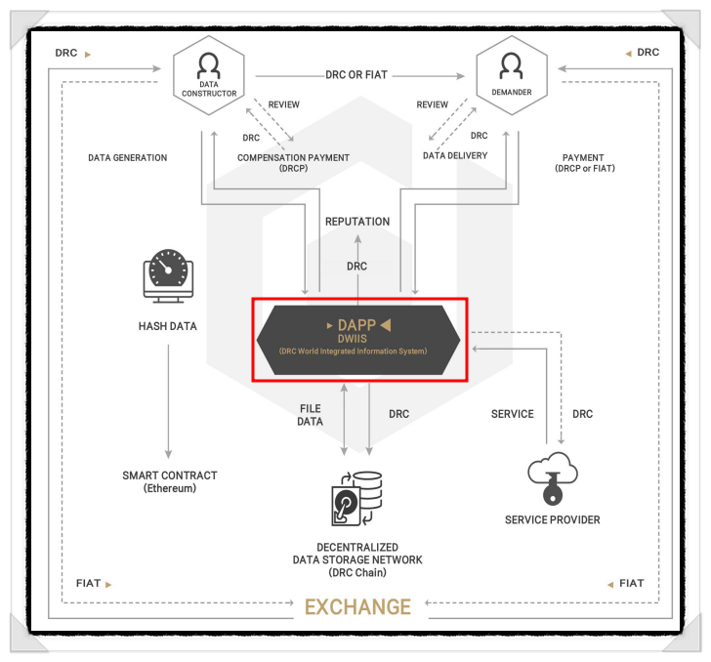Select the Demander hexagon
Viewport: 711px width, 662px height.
[x=509, y=75]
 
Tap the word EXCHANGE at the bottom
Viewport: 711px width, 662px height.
[x=357, y=607]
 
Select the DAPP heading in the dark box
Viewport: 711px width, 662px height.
[x=356, y=324]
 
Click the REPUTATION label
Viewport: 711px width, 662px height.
[x=357, y=222]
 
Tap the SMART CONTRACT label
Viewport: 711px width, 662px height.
[x=170, y=476]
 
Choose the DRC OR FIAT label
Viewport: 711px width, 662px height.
[x=357, y=75]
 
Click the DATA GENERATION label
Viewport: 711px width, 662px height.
[x=127, y=157]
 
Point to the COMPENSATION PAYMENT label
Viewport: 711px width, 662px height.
[x=293, y=157]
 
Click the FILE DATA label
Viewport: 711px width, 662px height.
[x=310, y=414]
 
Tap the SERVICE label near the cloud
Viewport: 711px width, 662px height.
[x=512, y=414]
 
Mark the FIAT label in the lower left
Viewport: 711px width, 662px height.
[x=88, y=584]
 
